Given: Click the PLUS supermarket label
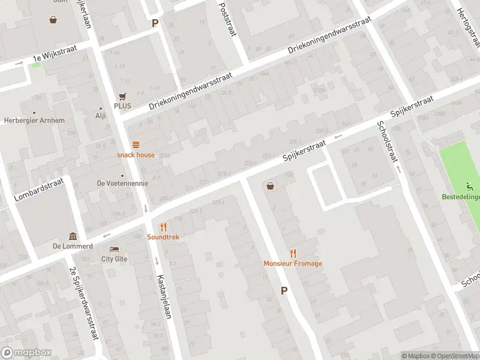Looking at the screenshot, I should [122, 106].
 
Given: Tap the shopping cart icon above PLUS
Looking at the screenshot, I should [122, 96].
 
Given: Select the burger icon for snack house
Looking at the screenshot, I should [136, 144].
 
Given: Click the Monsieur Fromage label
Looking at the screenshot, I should [293, 263].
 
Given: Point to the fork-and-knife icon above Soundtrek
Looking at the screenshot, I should [163, 227].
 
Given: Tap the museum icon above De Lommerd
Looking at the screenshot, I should [73, 236].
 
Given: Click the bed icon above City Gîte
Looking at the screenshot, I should [114, 249].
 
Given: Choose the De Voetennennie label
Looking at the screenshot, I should [122, 183].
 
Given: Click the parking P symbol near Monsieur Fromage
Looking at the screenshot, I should [284, 290].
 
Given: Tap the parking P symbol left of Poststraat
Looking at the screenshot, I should [155, 23].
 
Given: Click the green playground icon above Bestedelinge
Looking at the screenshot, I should [470, 187].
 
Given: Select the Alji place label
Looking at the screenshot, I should [100, 116].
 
